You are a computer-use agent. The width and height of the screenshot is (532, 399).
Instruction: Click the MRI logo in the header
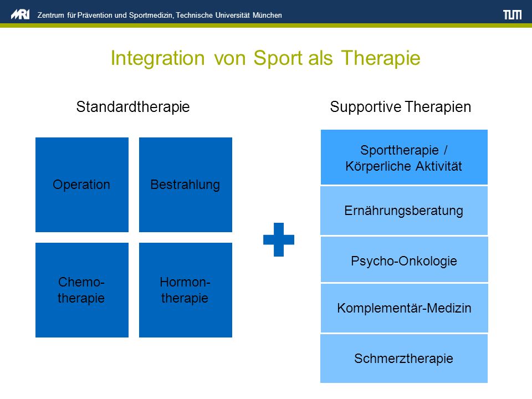click(x=20, y=14)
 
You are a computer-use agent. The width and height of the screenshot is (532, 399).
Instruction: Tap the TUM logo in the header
click(x=512, y=14)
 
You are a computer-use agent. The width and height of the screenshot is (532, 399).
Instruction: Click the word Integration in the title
click(x=158, y=58)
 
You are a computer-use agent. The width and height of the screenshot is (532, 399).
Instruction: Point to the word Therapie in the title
click(x=381, y=58)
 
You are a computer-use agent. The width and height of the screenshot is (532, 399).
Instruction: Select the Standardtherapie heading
click(x=133, y=107)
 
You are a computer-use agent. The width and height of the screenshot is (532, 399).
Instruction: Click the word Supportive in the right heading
click(x=365, y=107)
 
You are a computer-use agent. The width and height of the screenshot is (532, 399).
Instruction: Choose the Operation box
click(x=82, y=185)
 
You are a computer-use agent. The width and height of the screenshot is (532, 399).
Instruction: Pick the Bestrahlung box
click(x=186, y=185)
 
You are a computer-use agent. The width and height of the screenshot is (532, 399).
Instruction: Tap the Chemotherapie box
click(x=82, y=290)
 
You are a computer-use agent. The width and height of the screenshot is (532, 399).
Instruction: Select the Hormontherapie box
click(x=186, y=290)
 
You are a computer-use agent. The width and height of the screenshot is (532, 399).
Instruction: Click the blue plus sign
click(x=279, y=239)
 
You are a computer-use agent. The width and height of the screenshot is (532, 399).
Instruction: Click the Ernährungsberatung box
click(x=404, y=211)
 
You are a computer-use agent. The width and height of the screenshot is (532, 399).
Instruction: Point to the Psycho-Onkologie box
click(x=404, y=259)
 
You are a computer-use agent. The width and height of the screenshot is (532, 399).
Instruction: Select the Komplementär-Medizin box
click(x=404, y=308)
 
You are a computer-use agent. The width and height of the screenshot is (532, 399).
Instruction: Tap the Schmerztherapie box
click(x=404, y=359)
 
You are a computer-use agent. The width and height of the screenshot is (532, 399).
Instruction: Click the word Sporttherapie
click(x=400, y=150)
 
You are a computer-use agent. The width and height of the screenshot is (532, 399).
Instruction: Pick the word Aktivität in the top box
click(x=438, y=166)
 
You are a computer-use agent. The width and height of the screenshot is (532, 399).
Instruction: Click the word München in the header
click(x=267, y=16)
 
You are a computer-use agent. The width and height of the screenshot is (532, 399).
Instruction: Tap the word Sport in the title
click(x=278, y=58)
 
